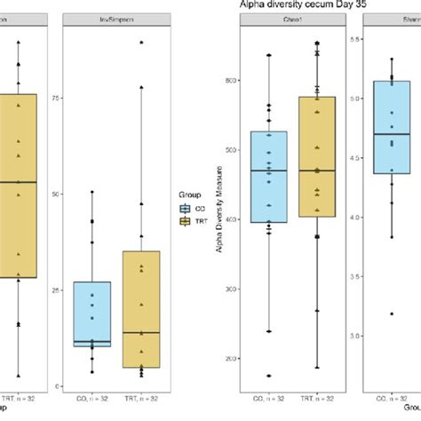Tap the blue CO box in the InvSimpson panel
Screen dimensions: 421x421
tap(92, 314)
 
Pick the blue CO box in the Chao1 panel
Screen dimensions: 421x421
tap(269, 177)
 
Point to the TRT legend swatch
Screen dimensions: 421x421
tap(184, 221)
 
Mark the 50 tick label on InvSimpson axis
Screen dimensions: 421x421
tap(58, 194)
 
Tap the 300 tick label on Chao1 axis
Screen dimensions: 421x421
tap(230, 289)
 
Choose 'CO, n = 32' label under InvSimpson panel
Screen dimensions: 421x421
tap(92, 401)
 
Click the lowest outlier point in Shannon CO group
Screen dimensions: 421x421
tap(392, 314)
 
